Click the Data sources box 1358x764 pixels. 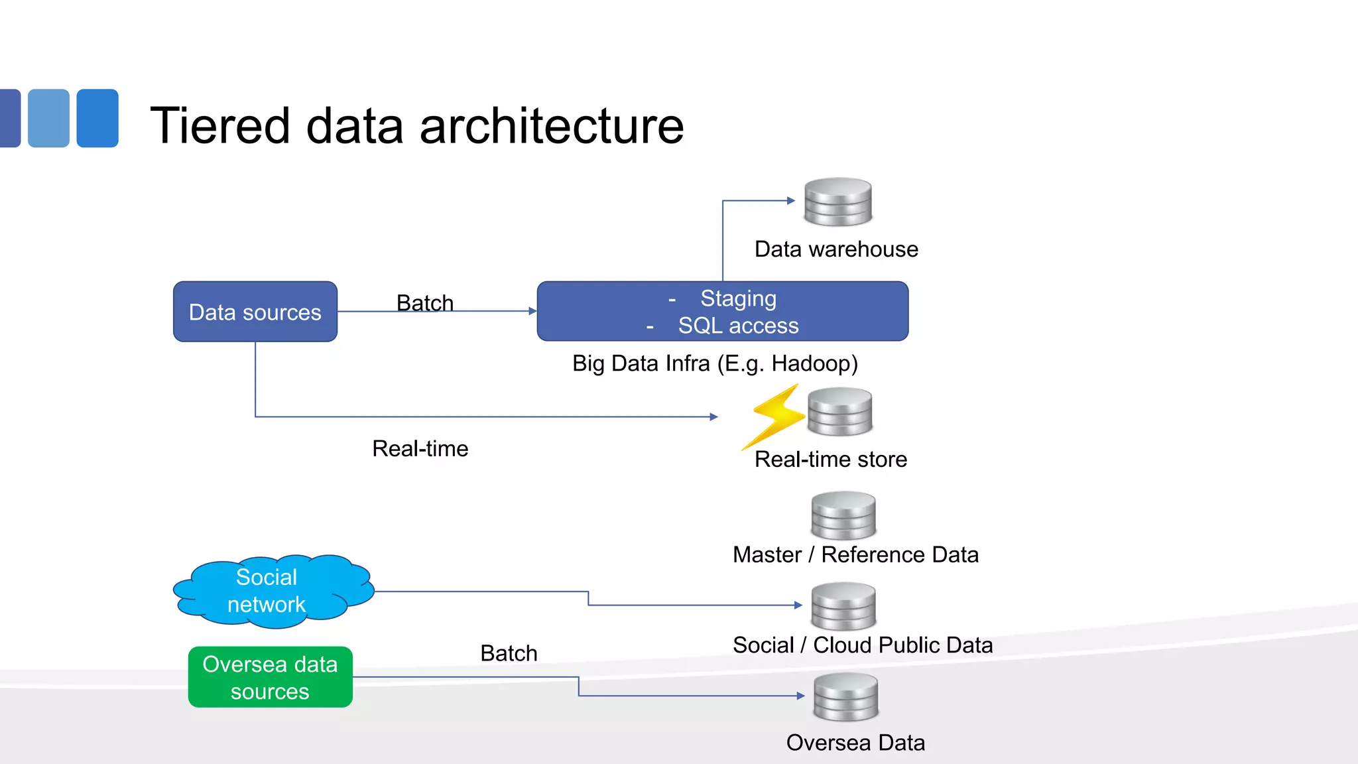click(255, 312)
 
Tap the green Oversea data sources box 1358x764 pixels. click(270, 677)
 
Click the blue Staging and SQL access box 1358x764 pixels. click(723, 312)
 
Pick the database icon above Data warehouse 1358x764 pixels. click(838, 202)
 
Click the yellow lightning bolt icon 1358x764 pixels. click(774, 415)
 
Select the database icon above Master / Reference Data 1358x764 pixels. click(843, 515)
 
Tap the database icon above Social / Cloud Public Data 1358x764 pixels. click(843, 606)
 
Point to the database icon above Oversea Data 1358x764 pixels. click(846, 697)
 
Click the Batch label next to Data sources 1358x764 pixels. click(425, 303)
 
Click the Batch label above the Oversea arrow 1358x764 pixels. click(509, 653)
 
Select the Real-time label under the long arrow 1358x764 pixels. click(420, 449)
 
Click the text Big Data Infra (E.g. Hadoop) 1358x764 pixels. click(715, 363)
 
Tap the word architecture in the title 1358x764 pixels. click(552, 126)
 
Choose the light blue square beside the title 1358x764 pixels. click(48, 118)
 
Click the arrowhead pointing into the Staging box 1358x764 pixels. click(532, 310)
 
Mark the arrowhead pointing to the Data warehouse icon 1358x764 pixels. click(790, 200)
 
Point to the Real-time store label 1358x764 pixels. click(830, 460)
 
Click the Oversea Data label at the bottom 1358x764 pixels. click(855, 743)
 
